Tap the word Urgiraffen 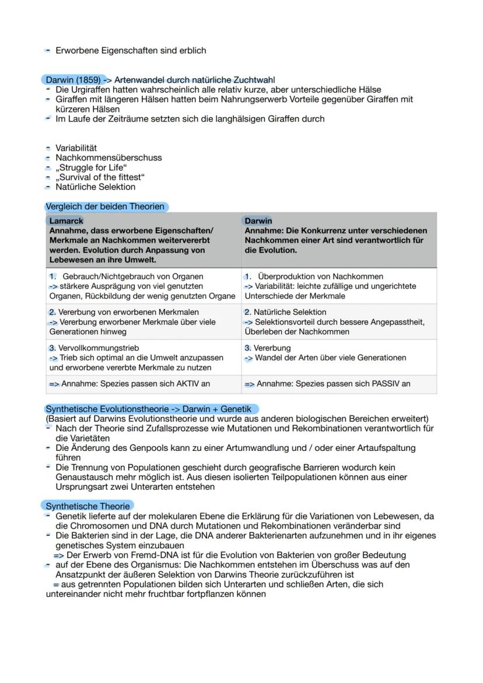92,89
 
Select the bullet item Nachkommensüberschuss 108,157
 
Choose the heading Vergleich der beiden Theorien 105,206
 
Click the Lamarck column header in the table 66,221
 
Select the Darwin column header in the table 258,221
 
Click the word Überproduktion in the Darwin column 285,276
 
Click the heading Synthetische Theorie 87,506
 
